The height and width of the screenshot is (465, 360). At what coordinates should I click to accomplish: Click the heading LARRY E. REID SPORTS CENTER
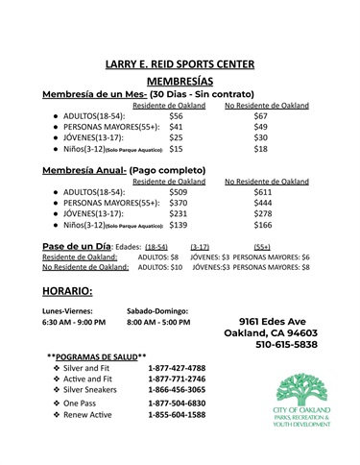(180, 64)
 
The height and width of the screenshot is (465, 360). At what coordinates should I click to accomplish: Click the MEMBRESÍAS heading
(180, 83)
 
